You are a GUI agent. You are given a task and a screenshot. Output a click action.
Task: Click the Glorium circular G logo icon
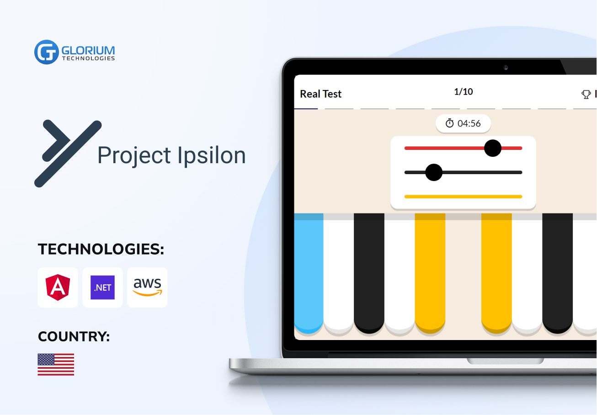point(46,52)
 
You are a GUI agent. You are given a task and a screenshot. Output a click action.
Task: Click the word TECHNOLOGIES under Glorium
point(88,59)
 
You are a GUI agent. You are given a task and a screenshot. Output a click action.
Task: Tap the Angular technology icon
point(58,287)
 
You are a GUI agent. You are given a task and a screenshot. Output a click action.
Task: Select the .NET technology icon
point(102,287)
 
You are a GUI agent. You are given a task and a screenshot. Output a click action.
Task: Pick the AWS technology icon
point(147,287)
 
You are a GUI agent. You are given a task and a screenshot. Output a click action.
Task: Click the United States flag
point(56,364)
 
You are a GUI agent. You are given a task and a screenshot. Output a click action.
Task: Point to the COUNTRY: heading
point(74,337)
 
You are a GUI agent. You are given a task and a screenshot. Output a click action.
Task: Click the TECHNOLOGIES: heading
point(101,250)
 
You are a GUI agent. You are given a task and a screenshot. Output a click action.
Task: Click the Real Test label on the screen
point(320,94)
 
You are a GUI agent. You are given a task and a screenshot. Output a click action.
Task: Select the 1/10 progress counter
point(463,92)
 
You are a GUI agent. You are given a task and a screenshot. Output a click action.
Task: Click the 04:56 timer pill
point(463,124)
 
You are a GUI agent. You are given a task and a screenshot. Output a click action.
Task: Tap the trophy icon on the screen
point(586,95)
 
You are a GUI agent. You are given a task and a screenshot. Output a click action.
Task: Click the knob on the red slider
point(492,148)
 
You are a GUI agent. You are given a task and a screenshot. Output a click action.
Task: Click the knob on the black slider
point(433,172)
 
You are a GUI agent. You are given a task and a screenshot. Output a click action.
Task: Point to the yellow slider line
point(463,197)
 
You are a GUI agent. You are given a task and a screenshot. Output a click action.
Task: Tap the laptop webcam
point(506,68)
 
